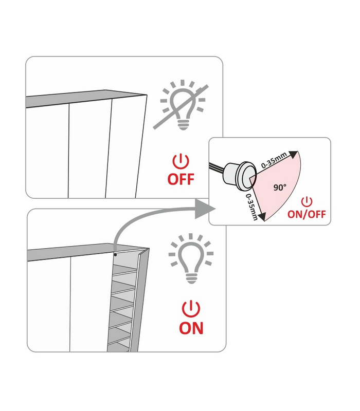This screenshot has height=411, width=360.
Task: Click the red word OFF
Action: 181,179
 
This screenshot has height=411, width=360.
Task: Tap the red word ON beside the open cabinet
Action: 191,328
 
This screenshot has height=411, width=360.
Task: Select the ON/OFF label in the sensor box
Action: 307,214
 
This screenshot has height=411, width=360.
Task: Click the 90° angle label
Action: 280,188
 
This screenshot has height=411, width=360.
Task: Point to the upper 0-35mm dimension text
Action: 274,160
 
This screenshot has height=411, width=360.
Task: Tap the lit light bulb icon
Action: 191,258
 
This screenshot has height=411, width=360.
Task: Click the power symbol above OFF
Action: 181,161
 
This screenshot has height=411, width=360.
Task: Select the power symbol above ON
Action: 191,309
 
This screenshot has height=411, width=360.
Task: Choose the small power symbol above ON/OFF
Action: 307,202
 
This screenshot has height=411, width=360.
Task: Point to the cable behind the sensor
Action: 217,168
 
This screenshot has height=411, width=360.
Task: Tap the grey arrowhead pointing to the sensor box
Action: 205,209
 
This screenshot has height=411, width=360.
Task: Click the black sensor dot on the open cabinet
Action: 115,254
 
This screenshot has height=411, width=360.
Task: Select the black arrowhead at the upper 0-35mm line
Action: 294,155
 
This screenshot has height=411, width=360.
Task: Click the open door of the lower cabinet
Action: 139,300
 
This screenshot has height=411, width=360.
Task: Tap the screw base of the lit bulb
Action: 191,278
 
